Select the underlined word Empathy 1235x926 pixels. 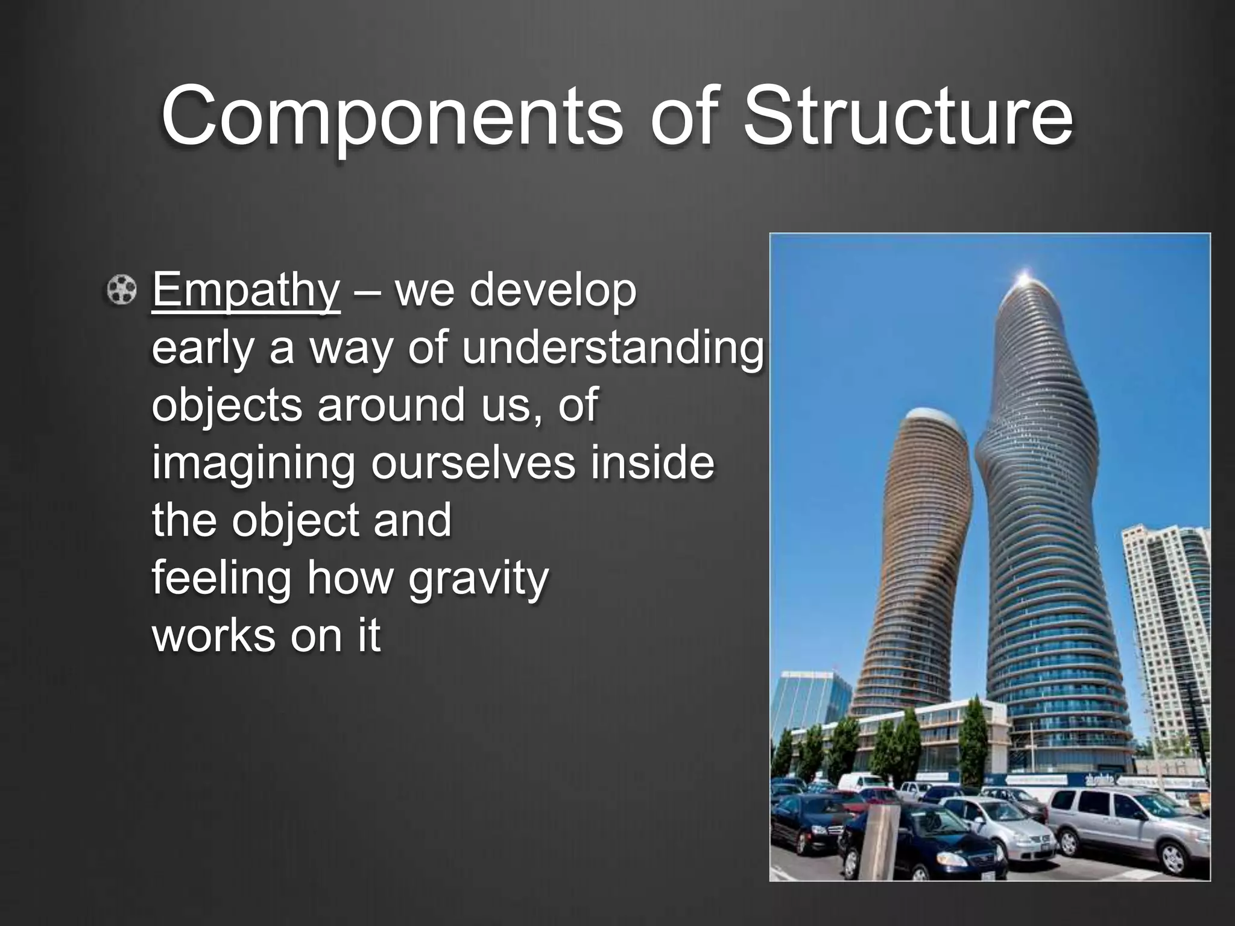[246, 290]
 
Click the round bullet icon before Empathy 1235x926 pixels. [122, 289]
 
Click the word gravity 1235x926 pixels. [479, 579]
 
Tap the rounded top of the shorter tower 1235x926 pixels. [929, 417]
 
